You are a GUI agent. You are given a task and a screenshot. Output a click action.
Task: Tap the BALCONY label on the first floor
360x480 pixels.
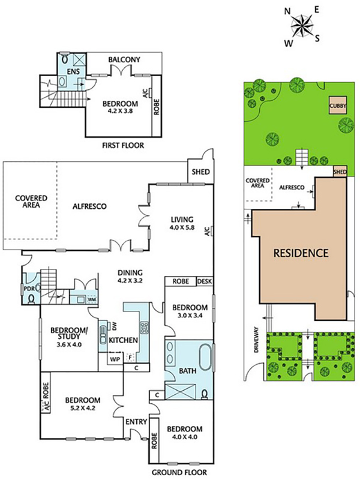[x=124, y=59]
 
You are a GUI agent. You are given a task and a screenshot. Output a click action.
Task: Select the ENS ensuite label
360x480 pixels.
[x=73, y=71]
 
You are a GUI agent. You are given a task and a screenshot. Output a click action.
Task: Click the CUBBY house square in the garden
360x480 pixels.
[x=338, y=106]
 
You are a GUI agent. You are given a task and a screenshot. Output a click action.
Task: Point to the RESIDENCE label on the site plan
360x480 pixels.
[x=301, y=253]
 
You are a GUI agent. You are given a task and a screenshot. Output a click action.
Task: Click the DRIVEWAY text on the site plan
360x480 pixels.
[x=257, y=340]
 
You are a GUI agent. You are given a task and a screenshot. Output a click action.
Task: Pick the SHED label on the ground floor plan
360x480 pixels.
[x=201, y=172]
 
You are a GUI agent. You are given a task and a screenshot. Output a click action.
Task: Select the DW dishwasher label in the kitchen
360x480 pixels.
[x=115, y=326]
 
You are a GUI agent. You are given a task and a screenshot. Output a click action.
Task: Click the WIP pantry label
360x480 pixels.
[x=115, y=358]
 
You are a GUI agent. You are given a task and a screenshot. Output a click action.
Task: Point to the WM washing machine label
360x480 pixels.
[x=92, y=299]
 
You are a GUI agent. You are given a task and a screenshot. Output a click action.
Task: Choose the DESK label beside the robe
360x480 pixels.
[x=205, y=281]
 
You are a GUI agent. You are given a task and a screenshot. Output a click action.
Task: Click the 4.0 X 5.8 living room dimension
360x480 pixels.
[x=182, y=227]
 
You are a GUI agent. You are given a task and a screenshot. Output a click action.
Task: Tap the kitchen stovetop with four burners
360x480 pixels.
[x=144, y=328]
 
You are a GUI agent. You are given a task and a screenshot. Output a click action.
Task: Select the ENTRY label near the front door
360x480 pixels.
[x=136, y=422]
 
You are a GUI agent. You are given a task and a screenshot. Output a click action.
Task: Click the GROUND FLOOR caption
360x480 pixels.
[x=179, y=472]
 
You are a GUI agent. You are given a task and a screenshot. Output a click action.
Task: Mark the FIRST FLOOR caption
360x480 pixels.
[x=123, y=145]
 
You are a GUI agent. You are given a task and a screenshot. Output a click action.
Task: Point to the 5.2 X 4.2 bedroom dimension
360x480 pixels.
[x=83, y=408]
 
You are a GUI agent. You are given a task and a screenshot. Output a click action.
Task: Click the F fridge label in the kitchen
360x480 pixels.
[x=130, y=357]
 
